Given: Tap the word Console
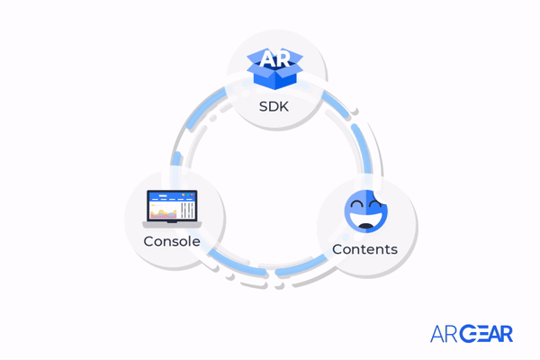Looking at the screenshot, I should (x=171, y=241).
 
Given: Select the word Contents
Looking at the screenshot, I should (x=364, y=248).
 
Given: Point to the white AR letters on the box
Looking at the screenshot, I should (x=273, y=59).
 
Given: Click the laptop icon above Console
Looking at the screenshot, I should (x=172, y=209).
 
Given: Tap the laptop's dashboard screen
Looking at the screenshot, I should (x=172, y=205).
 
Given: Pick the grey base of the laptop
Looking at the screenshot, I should (x=172, y=223).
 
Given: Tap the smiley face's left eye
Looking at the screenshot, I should (x=357, y=206).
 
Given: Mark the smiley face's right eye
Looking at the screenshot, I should (x=375, y=206).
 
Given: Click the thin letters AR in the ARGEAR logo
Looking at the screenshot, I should (x=444, y=334).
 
